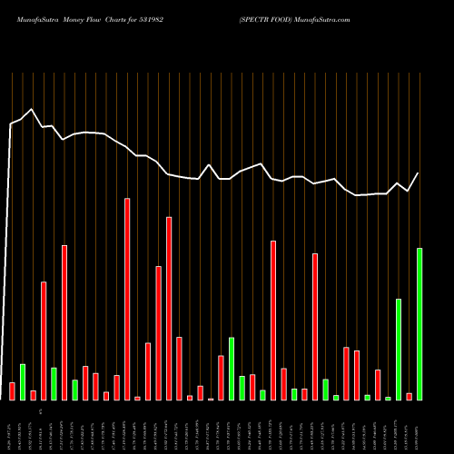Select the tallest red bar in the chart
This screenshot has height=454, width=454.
(127, 299)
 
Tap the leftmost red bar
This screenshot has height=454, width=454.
(12, 391)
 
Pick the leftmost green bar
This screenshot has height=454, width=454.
(23, 381)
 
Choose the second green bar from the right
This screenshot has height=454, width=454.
(399, 349)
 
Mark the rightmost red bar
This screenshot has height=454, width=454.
(409, 396)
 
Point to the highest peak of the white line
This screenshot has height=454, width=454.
(33, 110)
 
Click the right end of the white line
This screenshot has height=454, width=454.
(419, 173)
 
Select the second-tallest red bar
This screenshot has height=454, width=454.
(169, 308)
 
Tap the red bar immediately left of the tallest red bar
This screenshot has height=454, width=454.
(116, 387)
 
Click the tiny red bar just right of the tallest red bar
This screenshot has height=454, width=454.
(137, 398)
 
